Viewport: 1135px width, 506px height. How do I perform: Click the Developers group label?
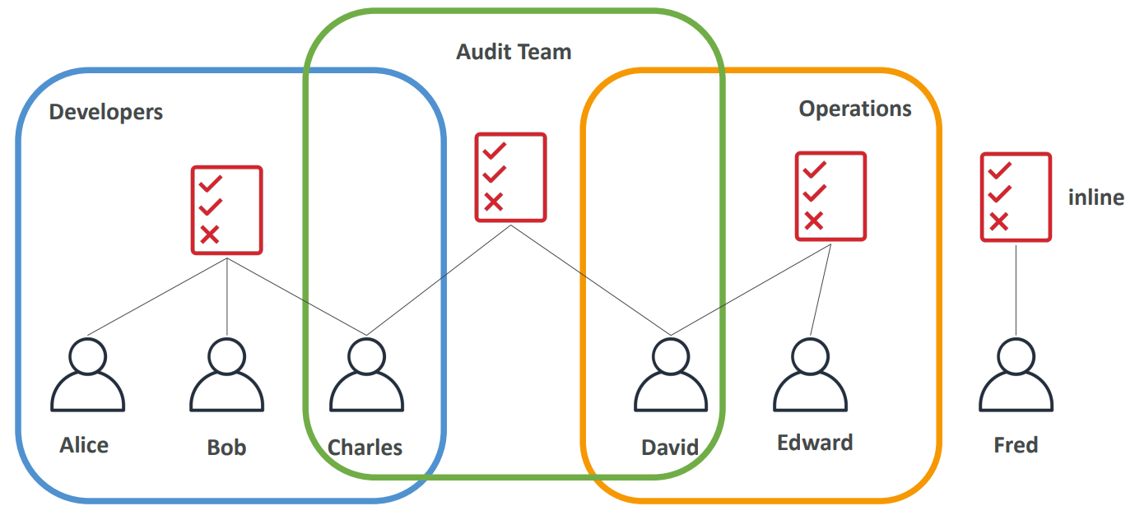tap(106, 112)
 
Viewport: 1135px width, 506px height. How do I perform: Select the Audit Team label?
tap(514, 52)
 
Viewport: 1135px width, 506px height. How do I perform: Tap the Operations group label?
tap(855, 109)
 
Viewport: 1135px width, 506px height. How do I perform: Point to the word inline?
tap(1095, 197)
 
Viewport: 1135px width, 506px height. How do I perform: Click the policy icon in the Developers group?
tap(226, 210)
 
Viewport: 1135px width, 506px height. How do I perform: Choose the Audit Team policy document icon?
tap(510, 177)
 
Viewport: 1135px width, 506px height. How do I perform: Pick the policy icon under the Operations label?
tap(830, 196)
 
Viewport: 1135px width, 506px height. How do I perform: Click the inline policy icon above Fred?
tap(1016, 197)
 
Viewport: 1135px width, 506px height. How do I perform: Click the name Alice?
tap(84, 445)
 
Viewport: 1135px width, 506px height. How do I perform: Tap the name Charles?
tap(365, 448)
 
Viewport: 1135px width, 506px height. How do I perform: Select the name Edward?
tap(815, 443)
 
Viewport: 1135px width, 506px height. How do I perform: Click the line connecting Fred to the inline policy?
tap(1016, 288)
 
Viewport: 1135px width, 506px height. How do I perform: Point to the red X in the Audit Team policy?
tap(493, 202)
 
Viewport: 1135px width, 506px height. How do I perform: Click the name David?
tap(670, 448)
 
